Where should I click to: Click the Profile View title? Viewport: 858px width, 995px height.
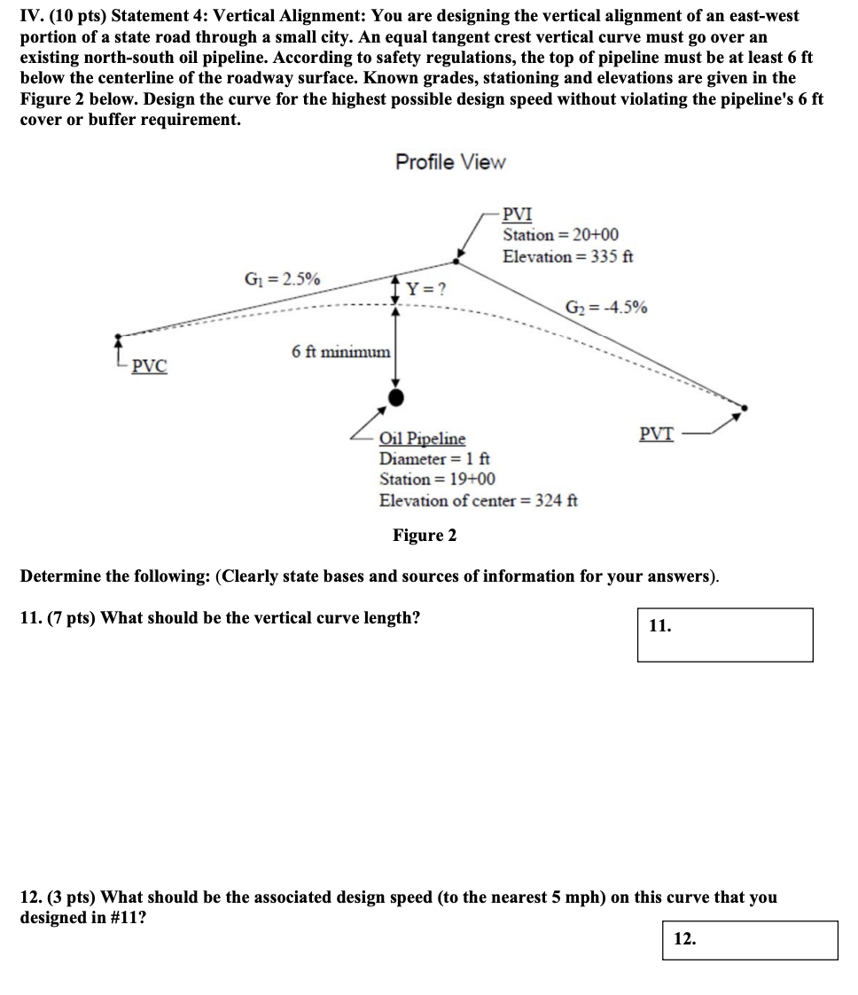450,162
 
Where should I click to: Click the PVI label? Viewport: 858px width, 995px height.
518,215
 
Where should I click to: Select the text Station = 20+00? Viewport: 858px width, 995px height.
560,235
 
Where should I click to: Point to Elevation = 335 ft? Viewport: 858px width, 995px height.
567,256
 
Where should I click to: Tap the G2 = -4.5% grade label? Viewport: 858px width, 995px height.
606,308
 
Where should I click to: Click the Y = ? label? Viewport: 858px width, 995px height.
425,288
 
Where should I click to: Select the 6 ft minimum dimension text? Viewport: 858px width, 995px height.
340,352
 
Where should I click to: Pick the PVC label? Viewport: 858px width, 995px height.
149,366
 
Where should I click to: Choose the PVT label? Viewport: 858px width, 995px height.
656,434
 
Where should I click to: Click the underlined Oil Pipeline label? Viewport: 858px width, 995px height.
422,438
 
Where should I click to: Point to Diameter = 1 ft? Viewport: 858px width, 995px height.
434,458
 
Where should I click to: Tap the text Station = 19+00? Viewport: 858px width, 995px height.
437,479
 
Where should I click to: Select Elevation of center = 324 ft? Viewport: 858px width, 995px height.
478,500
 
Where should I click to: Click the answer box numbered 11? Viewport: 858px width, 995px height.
724,634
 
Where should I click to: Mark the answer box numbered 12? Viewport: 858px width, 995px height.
749,940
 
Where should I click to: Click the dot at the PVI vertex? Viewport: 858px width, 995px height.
457,260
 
